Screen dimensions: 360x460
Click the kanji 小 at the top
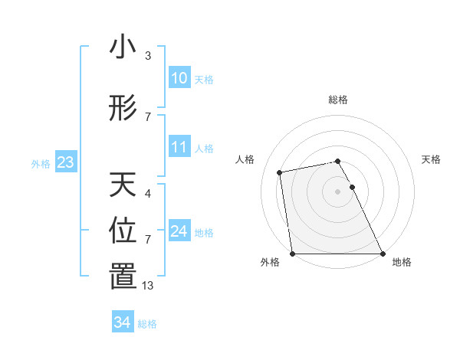pos(123,47)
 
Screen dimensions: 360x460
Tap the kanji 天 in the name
pos(123,185)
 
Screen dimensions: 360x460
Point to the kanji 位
pos(123,231)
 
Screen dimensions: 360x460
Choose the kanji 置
pos(123,277)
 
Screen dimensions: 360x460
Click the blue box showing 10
pos(179,78)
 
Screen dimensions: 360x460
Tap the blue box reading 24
pos(179,231)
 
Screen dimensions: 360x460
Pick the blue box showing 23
pos(65,162)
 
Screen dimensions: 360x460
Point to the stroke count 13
pos(148,286)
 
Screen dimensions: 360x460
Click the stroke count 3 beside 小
pos(148,56)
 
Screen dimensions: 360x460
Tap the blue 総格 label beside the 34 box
pos(147,324)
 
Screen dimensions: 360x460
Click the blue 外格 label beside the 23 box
pos(41,163)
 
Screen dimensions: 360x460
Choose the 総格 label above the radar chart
pos(337,100)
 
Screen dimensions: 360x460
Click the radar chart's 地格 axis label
pos(402,262)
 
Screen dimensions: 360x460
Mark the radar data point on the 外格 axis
pos(292,254)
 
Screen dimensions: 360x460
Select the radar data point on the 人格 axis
pos(280,172)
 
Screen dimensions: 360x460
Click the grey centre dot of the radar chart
pos(337,191)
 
